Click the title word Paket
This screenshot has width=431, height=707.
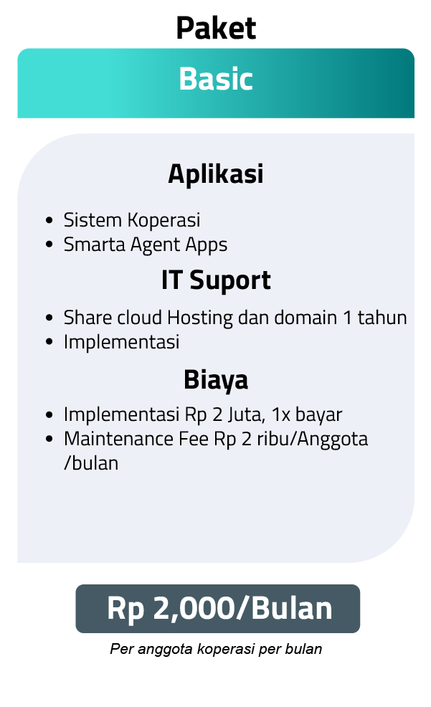(216, 28)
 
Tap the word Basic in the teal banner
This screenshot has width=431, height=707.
(216, 79)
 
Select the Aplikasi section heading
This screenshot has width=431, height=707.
(215, 174)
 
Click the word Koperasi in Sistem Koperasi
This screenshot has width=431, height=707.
(164, 220)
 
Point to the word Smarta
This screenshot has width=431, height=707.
(94, 245)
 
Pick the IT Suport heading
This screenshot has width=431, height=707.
(216, 280)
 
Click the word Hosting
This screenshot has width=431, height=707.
(200, 318)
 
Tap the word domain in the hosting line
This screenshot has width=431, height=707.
(306, 318)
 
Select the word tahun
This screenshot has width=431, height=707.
(382, 318)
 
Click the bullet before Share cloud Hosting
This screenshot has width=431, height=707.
(49, 318)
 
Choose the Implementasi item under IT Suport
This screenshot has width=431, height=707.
(122, 342)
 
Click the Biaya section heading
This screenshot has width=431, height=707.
(215, 379)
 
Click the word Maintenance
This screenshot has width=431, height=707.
(118, 439)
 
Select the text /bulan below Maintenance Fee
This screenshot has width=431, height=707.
(91, 463)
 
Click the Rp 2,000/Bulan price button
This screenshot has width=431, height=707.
(218, 609)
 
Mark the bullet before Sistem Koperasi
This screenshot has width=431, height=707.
(49, 220)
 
